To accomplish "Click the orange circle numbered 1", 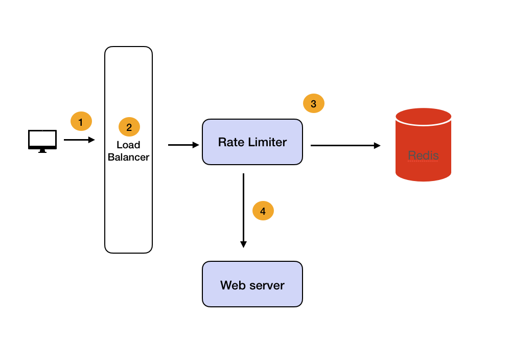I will pos(81,122).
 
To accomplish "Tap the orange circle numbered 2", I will pos(129,127).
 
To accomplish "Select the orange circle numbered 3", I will pos(313,104).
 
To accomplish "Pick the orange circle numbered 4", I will pos(263,211).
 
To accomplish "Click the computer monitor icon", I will pos(42,140).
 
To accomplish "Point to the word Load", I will pos(128,145).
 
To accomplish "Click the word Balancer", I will pos(128,157).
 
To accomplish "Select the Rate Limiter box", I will pos(252,142).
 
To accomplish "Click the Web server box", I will pos(252,284).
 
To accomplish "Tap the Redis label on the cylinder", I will pos(423,155).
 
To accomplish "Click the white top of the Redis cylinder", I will pos(423,116).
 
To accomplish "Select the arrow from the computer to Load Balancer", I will pos(79,140).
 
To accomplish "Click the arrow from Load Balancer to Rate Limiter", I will pos(183,145).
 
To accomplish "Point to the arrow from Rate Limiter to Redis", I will pos(345,145).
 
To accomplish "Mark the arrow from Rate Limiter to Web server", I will pos(243,210).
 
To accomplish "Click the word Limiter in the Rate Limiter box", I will pos(267,142).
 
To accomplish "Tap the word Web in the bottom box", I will pos(232,285).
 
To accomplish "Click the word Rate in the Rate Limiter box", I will pos(229,142).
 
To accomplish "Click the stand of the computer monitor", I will pos(42,151).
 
